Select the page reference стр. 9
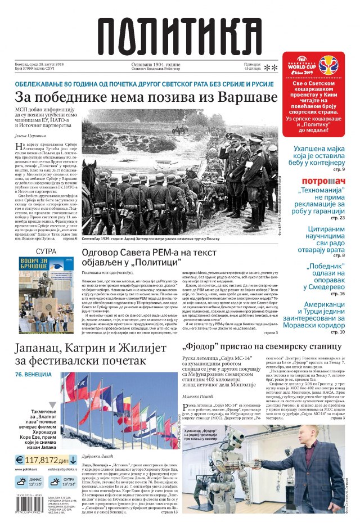click(337, 169)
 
